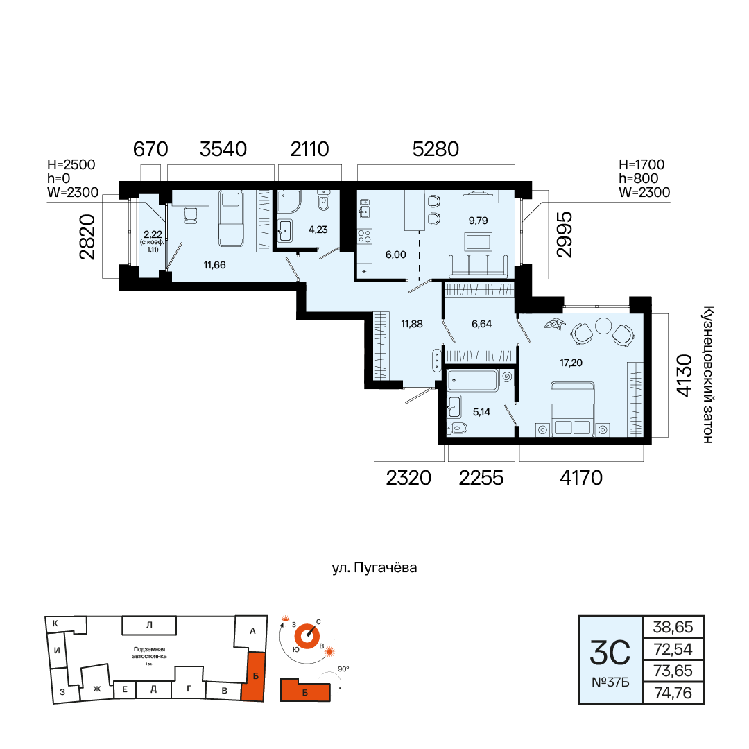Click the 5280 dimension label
pos(436,149)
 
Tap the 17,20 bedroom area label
pos(571,363)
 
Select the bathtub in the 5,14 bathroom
pos(472,381)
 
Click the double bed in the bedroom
pos(572,409)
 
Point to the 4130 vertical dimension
pos(684,375)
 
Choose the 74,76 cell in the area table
pos(673,693)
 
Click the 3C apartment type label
pos(610,653)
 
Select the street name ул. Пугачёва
pos(374,567)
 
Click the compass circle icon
pos(307,636)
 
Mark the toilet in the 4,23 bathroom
pos(325,200)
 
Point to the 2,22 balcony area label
pos(153,234)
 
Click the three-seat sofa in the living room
pos(478,266)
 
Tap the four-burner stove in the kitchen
pos(365,236)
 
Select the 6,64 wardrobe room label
pos(481,324)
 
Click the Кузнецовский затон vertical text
pos(708,374)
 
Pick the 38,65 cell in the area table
pos(673,627)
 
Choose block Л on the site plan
pos(149,625)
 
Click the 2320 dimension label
pos(408,478)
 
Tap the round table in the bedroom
pos(603,326)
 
